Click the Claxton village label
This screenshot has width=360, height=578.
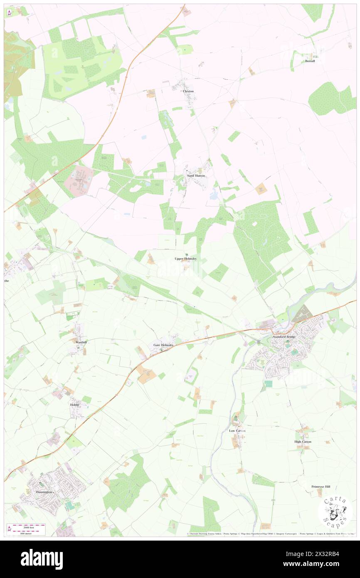pos(188,91)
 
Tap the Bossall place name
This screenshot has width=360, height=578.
pos(310,61)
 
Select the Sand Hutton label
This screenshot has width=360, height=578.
pos(196,176)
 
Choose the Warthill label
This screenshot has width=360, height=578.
pos(81,342)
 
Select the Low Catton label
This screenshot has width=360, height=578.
pos(237,431)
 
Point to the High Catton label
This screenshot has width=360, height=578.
pos(303,442)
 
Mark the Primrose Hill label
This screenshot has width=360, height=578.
pos(321,487)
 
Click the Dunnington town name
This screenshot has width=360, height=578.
pos(44,492)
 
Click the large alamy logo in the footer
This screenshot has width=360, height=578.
pos(42,559)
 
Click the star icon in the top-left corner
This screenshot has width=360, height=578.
pos(9,12)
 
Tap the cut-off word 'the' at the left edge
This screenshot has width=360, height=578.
pos(7,281)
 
